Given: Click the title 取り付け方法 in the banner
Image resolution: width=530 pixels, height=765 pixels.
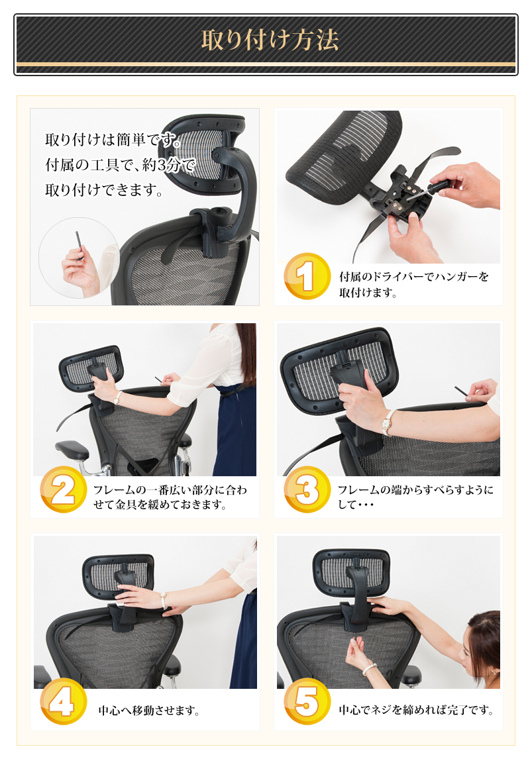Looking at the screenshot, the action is tap(270, 40).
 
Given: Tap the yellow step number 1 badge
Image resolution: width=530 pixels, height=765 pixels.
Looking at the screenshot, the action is tap(307, 276).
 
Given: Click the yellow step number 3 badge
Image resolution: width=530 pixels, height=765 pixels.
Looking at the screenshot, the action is tap(307, 489).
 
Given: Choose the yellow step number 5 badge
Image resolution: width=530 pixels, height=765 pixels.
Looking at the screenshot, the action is tap(307, 701).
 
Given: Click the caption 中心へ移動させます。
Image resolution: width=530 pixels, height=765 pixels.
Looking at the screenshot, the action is tap(149, 710).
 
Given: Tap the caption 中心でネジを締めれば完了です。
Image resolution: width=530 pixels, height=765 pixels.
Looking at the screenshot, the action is tap(416, 710).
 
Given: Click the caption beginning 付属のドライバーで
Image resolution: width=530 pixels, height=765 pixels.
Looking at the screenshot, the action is tap(414, 284).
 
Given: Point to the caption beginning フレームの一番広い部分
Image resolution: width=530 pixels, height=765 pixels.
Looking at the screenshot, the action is tap(170, 497).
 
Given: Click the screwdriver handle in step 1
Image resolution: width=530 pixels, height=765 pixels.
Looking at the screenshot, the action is tap(439, 185).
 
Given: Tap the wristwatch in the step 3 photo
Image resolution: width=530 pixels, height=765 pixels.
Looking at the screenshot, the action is tap(388, 421).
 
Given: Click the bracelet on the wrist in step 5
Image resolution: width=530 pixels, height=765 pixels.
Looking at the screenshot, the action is tap(370, 668).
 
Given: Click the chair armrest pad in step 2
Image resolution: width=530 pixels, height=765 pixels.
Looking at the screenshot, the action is tap(72, 448).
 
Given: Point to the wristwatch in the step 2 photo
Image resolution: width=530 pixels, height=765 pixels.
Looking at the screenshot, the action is tap(117, 397).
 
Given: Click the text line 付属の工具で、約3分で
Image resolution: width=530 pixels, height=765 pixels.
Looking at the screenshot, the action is tap(121, 165).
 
